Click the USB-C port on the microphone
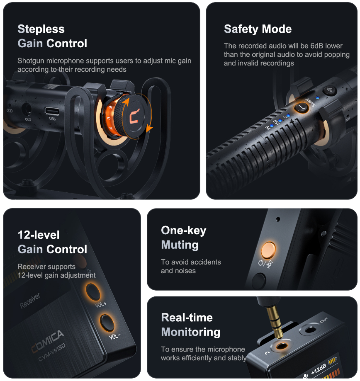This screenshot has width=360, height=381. [x=52, y=111]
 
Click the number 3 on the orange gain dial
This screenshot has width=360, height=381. [x=109, y=118]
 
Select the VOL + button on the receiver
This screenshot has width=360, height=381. [x=93, y=291]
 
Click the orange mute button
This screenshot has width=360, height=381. [x=268, y=250]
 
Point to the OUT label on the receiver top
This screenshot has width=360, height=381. [x=324, y=320]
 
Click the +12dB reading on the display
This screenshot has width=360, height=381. [x=319, y=369]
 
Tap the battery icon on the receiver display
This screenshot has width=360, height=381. [x=333, y=361]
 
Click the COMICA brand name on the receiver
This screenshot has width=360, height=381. [x=48, y=341]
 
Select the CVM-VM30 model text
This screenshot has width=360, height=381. [x=52, y=352]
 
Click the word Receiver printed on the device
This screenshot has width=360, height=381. [x=30, y=301]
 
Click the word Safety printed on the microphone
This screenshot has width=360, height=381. [x=310, y=102]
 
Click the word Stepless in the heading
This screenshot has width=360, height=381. [x=41, y=29]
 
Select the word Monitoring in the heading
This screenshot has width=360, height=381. [x=191, y=332]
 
